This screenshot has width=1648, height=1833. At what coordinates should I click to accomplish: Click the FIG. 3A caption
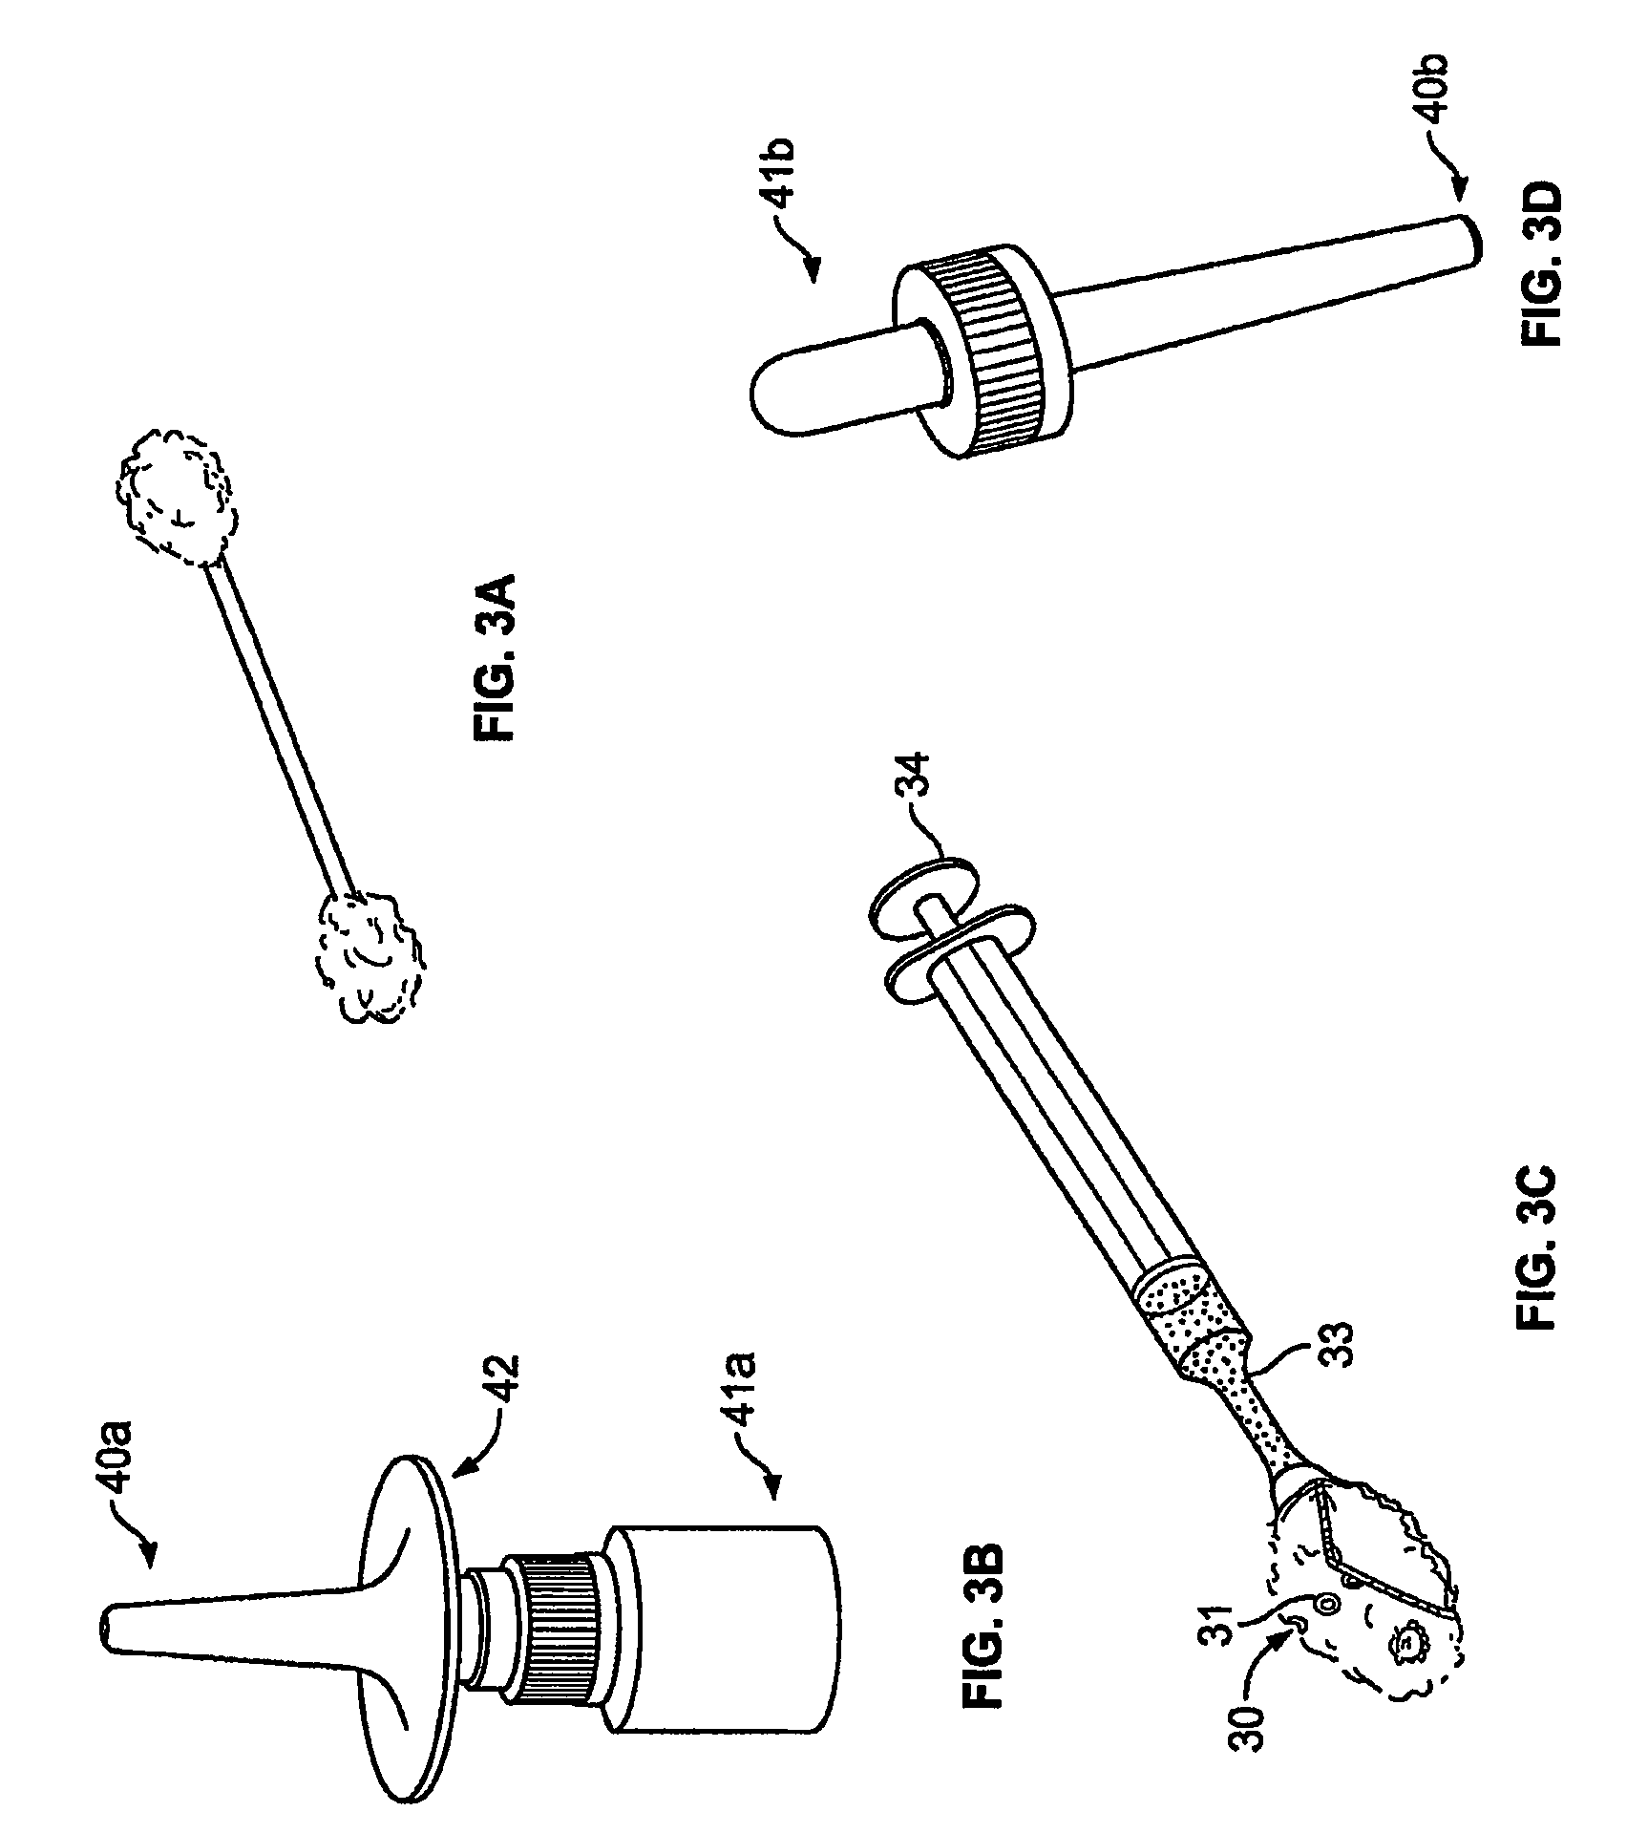(494, 658)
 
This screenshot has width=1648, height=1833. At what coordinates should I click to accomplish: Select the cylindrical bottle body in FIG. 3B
(721, 1614)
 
